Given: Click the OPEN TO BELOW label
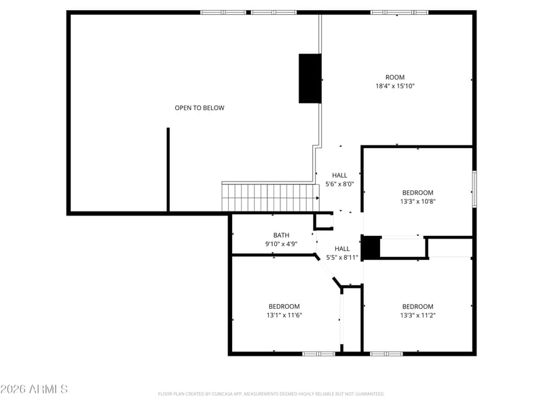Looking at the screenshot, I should click(200, 108).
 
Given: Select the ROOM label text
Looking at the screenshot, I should click(394, 78).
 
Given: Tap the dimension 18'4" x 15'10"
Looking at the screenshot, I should click(394, 86).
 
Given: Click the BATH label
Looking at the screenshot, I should click(281, 235).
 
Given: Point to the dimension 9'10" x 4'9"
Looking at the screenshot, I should click(281, 244).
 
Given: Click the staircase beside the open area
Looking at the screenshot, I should click(270, 197).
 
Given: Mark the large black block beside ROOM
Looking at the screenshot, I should click(310, 78).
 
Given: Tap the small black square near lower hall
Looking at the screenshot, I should click(371, 247).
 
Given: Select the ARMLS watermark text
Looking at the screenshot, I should click(34, 389).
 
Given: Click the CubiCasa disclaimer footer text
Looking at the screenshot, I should click(271, 394).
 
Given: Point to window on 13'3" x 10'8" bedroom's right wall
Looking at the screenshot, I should click(474, 188).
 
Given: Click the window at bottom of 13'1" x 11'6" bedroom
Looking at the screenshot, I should click(318, 353).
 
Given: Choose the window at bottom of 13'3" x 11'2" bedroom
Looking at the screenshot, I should click(386, 353).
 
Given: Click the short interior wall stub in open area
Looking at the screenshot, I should click(168, 170).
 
